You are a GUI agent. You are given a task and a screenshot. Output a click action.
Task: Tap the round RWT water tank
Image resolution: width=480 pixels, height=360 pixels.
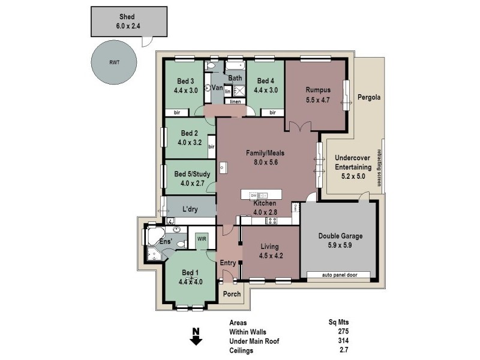114,63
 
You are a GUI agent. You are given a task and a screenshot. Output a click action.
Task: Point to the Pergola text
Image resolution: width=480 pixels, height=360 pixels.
370,97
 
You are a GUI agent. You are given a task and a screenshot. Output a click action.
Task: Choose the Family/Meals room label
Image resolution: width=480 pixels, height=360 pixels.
266,153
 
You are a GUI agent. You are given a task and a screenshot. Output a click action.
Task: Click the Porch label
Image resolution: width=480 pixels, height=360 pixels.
231,294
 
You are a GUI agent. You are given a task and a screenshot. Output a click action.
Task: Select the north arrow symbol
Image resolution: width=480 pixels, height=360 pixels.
195,337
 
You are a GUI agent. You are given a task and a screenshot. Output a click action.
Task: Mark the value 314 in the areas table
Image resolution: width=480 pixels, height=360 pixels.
343,341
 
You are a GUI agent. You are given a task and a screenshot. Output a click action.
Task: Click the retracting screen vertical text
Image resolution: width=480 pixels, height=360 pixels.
379,167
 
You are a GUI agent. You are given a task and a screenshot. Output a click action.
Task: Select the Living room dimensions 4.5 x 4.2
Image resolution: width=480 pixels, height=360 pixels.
271,256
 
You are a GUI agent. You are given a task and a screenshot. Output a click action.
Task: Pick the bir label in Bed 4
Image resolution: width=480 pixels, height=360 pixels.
272,112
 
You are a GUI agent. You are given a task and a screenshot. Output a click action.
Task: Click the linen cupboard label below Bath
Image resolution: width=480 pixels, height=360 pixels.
236,101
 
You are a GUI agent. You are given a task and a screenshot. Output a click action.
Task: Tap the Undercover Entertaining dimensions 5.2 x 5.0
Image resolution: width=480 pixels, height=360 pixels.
353,177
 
